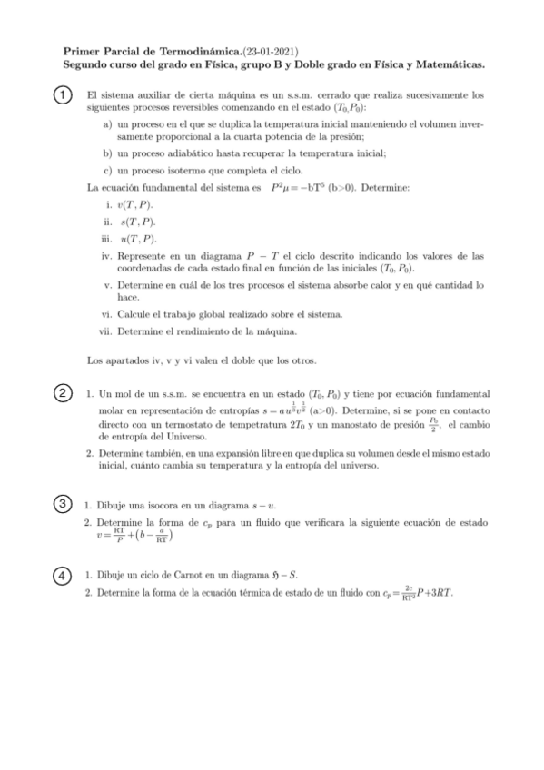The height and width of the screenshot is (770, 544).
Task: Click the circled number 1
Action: [61, 95]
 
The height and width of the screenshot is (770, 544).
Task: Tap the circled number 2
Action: [61, 393]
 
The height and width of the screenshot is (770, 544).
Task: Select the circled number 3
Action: [61, 504]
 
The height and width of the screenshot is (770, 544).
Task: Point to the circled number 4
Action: [61, 575]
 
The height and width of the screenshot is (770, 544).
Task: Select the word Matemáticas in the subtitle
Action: [444, 65]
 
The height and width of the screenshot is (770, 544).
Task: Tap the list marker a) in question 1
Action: [108, 124]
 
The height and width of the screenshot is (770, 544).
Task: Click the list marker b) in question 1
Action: [108, 153]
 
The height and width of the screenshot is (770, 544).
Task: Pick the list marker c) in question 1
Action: [108, 170]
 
